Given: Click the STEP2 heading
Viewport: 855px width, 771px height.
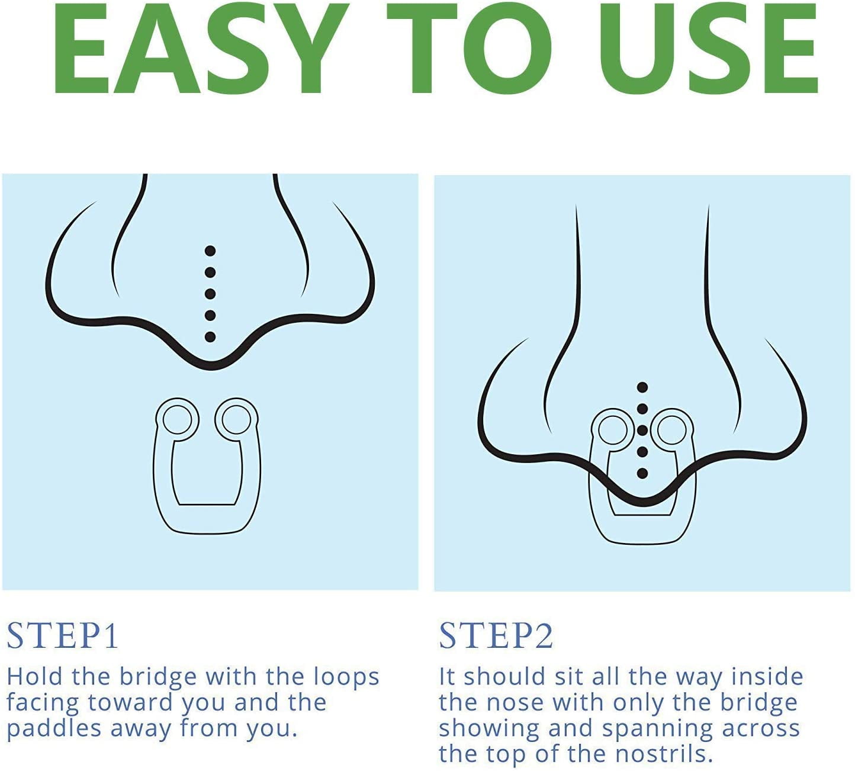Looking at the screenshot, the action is (x=496, y=636).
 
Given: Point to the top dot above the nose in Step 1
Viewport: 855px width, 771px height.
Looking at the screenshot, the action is (x=210, y=250).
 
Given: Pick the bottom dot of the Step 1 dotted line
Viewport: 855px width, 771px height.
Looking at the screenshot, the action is (x=210, y=337).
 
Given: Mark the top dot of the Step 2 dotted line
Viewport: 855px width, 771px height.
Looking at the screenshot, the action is (x=642, y=388).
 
